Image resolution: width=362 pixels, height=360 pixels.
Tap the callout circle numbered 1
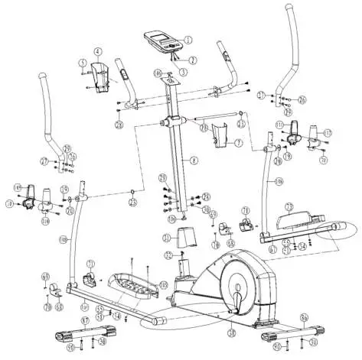[188, 39]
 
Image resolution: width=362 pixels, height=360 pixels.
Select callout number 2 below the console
[194, 60]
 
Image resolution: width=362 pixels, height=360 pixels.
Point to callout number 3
[183, 70]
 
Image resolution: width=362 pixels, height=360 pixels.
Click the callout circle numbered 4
[97, 52]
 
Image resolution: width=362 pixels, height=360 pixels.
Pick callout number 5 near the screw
[82, 63]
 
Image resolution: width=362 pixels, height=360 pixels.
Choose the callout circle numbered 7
[238, 143]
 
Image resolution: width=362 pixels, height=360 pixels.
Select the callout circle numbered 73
[290, 206]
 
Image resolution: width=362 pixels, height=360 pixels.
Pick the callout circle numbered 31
[166, 238]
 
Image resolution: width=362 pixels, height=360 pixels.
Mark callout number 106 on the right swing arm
[279, 181]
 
